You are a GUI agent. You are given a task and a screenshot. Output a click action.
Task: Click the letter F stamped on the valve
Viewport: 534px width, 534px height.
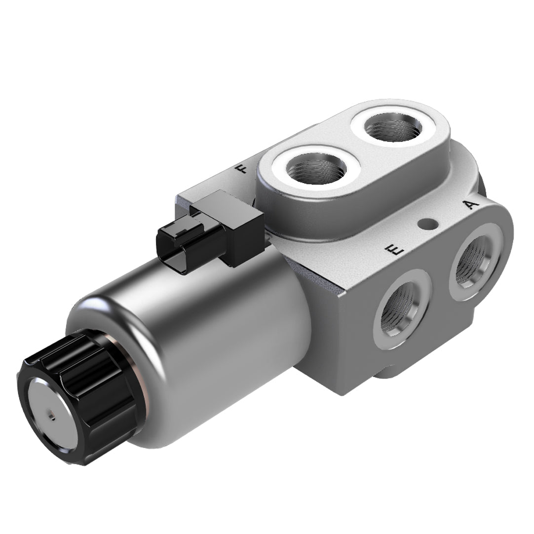click(242, 170)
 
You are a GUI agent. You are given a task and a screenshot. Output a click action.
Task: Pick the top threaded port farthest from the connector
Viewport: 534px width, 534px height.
click(393, 127)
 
